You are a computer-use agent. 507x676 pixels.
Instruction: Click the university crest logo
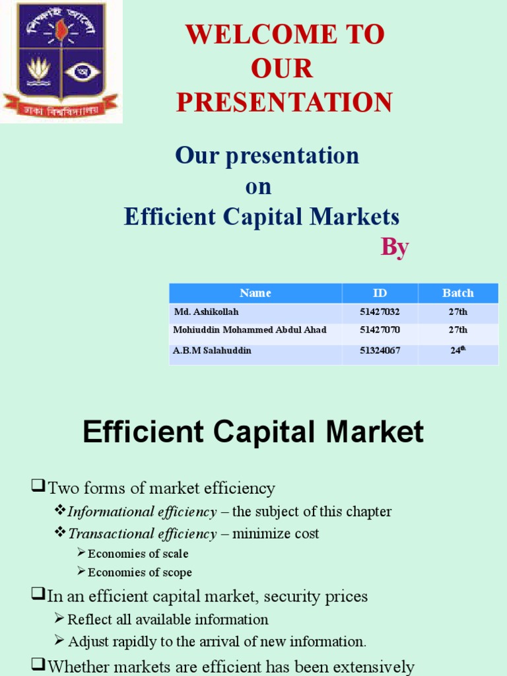pos(61,61)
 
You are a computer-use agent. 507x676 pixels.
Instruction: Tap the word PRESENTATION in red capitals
pos(285,102)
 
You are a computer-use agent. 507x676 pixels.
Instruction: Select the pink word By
pos(395,247)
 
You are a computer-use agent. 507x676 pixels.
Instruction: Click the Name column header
pos(255,293)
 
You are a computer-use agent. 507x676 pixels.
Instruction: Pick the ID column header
pos(380,293)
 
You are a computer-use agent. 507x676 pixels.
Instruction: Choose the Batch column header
pos(458,293)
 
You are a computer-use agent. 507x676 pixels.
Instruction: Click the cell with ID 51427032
pos(380,312)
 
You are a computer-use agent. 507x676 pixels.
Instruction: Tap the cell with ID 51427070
pos(380,330)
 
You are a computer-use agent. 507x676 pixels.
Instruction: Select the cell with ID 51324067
pos(380,351)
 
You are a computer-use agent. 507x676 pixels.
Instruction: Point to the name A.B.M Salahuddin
pos(212,351)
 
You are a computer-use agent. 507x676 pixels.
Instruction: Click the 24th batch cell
pos(458,351)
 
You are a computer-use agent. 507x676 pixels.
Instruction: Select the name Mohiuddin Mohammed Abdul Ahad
pos(250,330)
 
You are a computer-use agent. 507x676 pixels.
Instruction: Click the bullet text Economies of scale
pos(138,554)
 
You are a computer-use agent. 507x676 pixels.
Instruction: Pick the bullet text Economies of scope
pos(140,573)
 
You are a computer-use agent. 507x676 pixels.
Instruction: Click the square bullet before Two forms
pos(37,488)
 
